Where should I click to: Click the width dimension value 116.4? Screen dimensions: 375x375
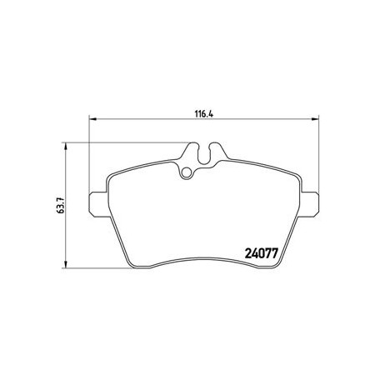[204, 113]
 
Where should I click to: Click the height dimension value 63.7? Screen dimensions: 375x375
[60, 205]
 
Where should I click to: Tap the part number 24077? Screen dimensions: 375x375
[261, 253]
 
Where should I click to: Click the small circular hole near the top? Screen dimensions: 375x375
[187, 173]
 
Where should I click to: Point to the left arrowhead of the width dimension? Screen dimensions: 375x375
[92, 119]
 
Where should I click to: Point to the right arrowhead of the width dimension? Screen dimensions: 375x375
[315, 119]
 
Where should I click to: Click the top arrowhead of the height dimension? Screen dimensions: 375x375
[66, 147]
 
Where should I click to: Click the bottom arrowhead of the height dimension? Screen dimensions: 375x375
[66, 264]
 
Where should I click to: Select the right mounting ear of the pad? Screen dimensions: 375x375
[310, 203]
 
